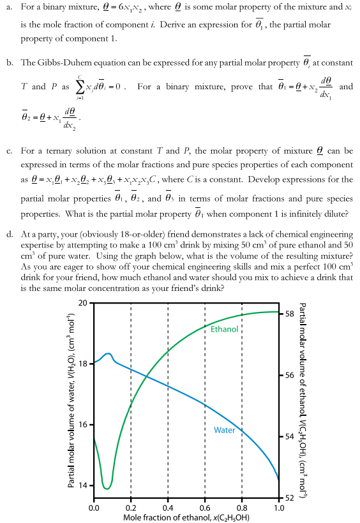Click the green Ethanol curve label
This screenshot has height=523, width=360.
[x=224, y=329]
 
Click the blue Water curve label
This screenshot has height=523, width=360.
[x=224, y=430]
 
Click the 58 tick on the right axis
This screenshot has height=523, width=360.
[x=289, y=314]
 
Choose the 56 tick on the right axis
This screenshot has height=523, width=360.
[x=289, y=376]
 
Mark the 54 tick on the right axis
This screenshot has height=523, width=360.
[x=289, y=437]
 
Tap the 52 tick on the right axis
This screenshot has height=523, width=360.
[x=289, y=498]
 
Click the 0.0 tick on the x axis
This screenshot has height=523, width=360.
[x=94, y=508]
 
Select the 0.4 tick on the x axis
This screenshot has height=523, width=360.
[x=168, y=508]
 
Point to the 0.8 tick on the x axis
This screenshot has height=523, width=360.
[x=242, y=508]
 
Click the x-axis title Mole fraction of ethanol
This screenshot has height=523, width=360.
[x=186, y=517]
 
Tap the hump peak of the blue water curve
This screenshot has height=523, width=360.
[x=109, y=353]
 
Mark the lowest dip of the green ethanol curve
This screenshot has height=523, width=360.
[x=106, y=488]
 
